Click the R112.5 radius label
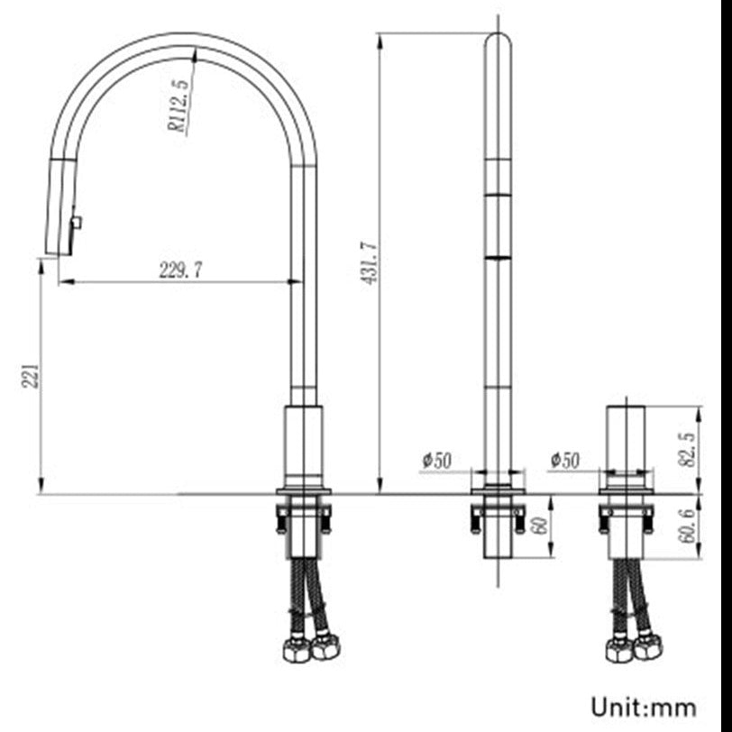pyautogui.click(x=178, y=105)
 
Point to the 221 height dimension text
pyautogui.click(x=31, y=376)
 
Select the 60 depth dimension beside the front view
pyautogui.click(x=541, y=526)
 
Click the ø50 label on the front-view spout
pyautogui.click(x=436, y=460)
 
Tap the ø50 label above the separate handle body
pyautogui.click(x=564, y=460)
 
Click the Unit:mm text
pyautogui.click(x=645, y=704)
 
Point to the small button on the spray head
pyautogui.click(x=77, y=222)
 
